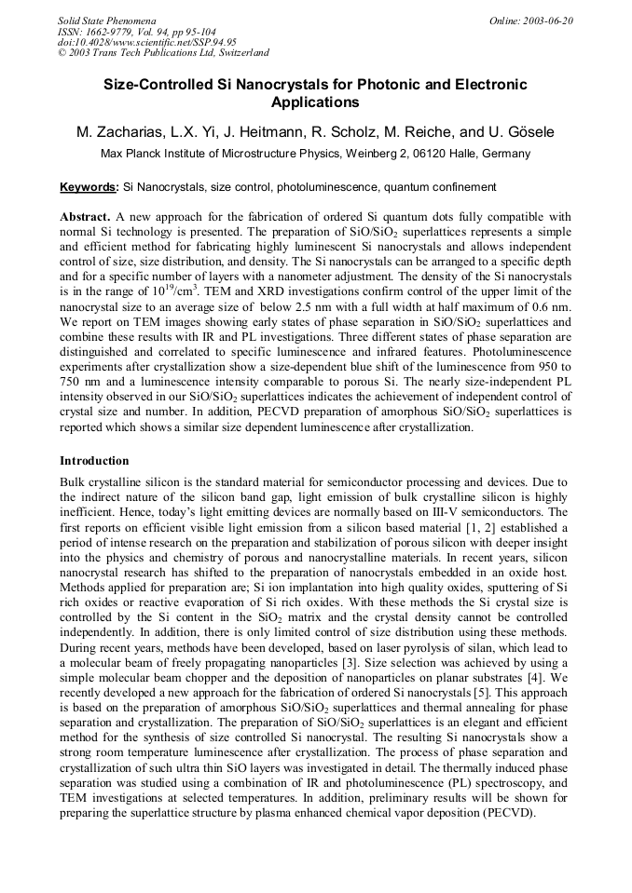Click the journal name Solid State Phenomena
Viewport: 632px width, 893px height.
click(106, 20)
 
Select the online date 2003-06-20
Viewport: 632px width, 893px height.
click(547, 20)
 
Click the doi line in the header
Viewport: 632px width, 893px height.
click(146, 42)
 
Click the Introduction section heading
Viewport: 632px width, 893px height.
click(94, 460)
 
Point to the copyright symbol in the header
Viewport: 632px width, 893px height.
click(62, 53)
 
